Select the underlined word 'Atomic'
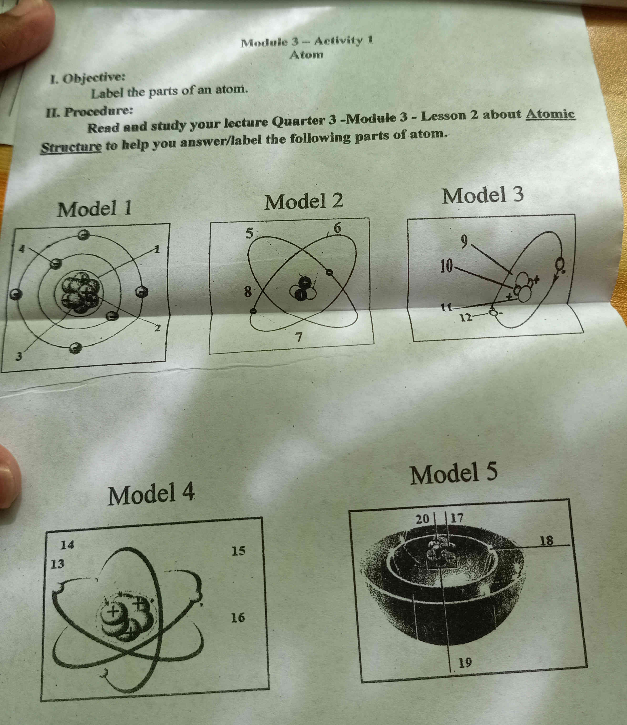tap(550, 114)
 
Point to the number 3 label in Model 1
tap(20, 357)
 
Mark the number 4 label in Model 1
tap(22, 249)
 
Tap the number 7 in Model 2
tap(298, 337)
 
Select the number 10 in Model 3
tap(447, 266)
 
